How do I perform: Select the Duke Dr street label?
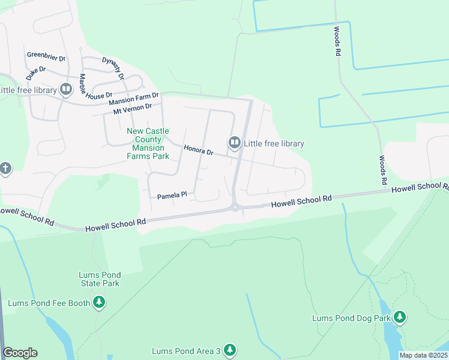(36, 74)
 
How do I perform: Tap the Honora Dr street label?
(199, 150)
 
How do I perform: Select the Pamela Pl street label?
(173, 196)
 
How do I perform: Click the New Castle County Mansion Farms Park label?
(148, 144)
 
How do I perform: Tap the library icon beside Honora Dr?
(234, 143)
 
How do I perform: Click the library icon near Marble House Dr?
(66, 90)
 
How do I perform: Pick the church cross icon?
(5, 169)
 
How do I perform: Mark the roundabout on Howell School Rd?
(235, 208)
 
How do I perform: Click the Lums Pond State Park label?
(99, 280)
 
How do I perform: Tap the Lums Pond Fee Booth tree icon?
(99, 303)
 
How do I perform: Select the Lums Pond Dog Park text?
(351, 318)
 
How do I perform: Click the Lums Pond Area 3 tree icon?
(229, 350)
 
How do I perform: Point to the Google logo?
(20, 353)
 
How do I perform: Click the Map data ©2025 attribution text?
(423, 355)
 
